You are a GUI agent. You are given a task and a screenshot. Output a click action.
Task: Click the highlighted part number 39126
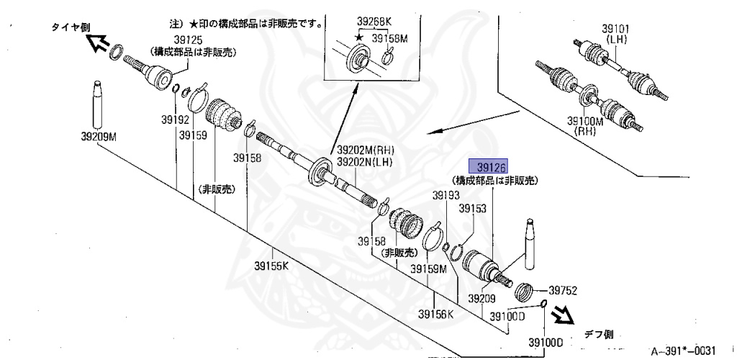click(488, 166)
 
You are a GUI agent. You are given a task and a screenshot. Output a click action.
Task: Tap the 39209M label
click(99, 135)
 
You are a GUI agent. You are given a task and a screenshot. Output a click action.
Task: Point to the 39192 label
click(176, 120)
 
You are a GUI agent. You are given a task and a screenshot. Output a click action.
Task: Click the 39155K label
click(271, 265)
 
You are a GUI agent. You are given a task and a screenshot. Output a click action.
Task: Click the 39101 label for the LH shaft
click(616, 29)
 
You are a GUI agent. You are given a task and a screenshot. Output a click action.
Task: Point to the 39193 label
click(446, 195)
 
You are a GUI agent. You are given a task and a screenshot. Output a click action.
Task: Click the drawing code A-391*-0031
click(683, 351)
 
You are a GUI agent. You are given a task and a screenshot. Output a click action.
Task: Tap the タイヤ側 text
click(71, 27)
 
